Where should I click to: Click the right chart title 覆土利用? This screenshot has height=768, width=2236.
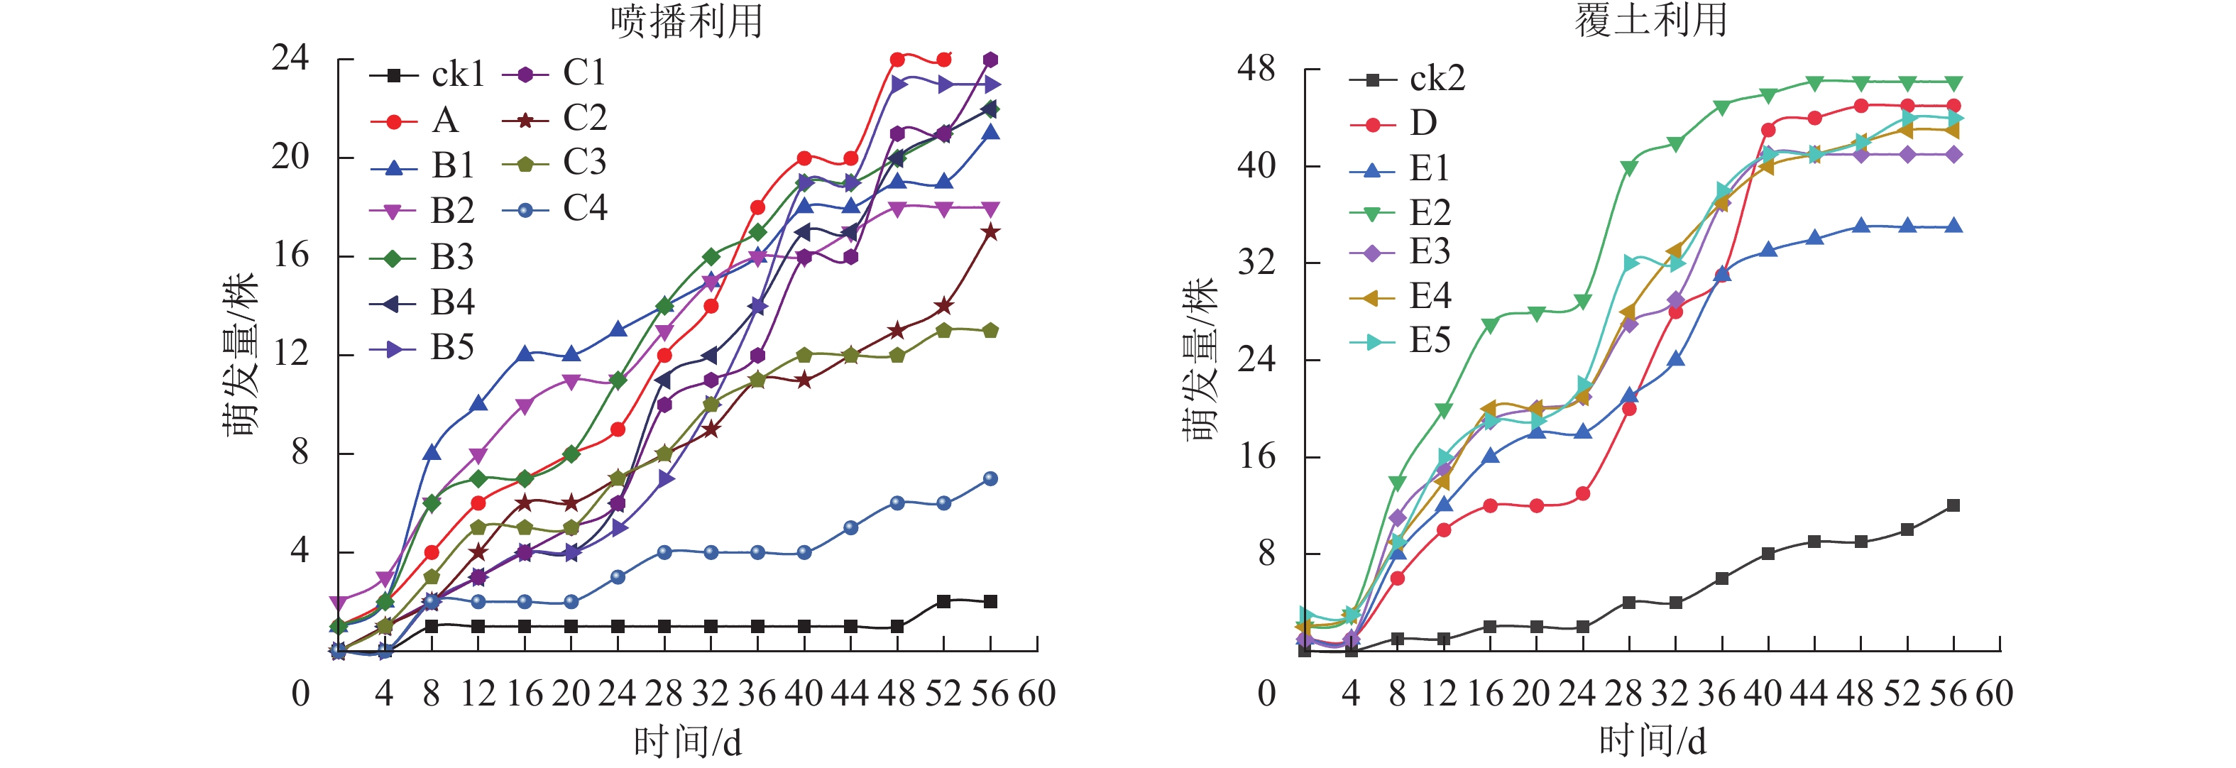(x=1651, y=19)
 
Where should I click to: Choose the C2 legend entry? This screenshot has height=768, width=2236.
(x=556, y=119)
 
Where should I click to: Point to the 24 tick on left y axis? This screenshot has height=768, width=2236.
(x=290, y=58)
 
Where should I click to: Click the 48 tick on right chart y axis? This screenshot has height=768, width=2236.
(x=1255, y=69)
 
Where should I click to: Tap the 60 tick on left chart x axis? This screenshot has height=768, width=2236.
(x=1036, y=693)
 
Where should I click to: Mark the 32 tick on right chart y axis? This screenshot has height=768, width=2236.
(x=1255, y=262)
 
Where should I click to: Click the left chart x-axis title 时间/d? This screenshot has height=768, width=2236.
(x=687, y=742)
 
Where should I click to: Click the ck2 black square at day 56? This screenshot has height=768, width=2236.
(x=1953, y=505)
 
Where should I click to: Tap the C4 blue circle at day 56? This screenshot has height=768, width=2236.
(x=990, y=479)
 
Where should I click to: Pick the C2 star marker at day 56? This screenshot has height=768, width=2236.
(x=990, y=233)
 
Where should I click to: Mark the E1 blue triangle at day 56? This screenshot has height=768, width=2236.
(x=1953, y=226)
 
